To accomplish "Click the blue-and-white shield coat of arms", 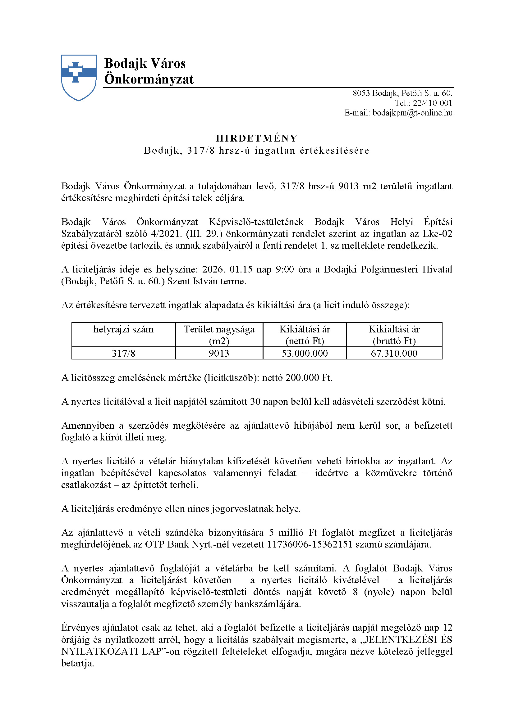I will click(x=79, y=77).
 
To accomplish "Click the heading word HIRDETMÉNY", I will click(x=257, y=138).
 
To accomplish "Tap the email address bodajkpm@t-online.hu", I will click(x=412, y=113).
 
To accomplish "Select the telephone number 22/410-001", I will click(x=432, y=103).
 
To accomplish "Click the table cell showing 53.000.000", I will click(x=305, y=353).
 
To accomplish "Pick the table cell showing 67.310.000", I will click(x=394, y=353).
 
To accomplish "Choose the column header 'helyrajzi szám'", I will click(x=123, y=330).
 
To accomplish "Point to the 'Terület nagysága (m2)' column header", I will click(x=219, y=335).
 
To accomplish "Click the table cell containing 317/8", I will click(x=123, y=353).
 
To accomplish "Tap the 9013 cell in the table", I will click(x=219, y=353).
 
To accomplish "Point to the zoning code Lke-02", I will click(x=438, y=234).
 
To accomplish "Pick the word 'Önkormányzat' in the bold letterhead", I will click(x=149, y=79).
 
